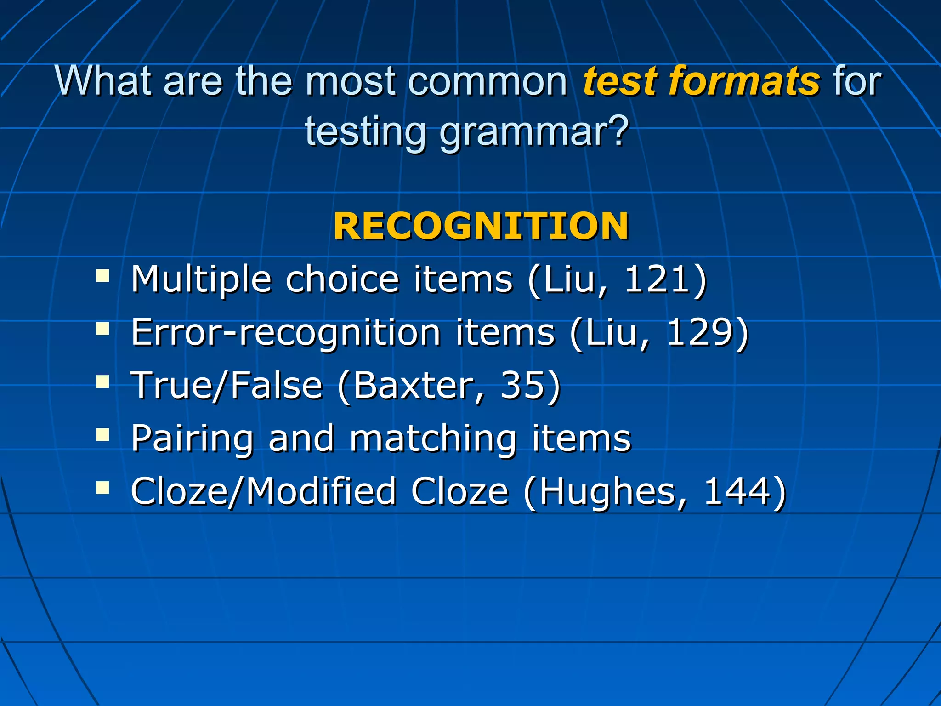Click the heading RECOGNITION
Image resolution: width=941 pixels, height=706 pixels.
481,226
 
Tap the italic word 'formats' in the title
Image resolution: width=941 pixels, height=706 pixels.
744,81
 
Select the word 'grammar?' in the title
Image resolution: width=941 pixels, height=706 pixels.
534,132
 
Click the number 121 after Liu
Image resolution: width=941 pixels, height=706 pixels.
657,279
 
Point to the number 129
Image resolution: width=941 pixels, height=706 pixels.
699,332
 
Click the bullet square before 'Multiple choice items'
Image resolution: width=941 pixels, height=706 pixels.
102,276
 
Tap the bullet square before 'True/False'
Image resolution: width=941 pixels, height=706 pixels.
102,382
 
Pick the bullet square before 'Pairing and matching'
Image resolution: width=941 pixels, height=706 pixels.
102,435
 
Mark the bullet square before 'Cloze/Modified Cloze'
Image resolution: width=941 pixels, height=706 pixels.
102,488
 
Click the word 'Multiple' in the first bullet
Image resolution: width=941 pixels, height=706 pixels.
201,279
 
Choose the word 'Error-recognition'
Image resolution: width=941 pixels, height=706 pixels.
286,332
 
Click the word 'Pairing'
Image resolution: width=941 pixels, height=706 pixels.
192,438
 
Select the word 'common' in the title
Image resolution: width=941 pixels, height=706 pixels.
488,81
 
